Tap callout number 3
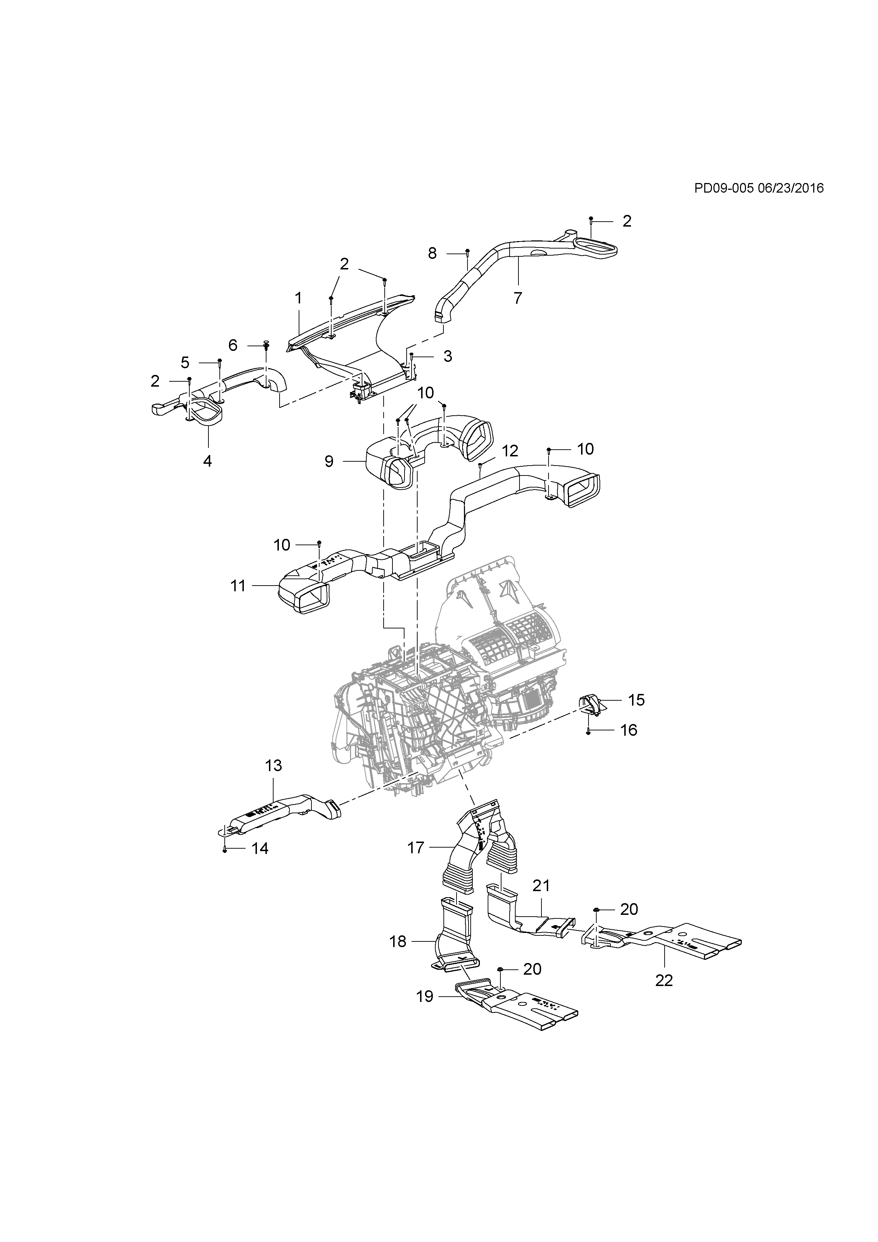448,356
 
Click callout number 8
432,253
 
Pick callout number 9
329,461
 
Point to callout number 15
636,700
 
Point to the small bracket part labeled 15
590,705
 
